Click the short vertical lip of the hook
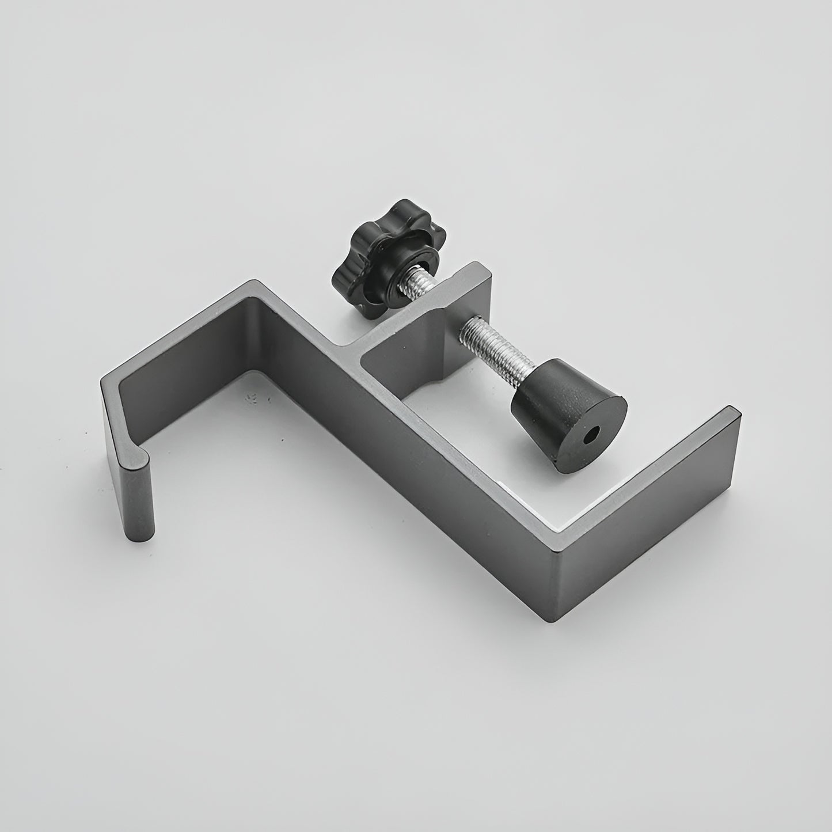[138, 495]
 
